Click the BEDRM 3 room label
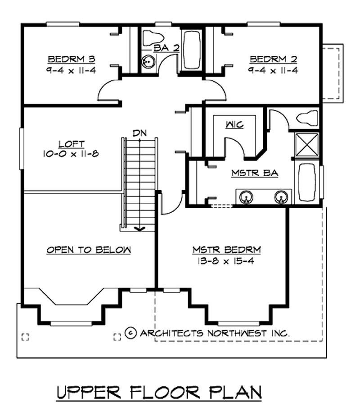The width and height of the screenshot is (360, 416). pos(71,59)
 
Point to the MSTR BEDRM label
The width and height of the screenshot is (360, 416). pos(227,250)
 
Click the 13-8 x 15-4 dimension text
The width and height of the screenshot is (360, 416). pos(227,262)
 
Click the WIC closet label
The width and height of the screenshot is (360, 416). pos(234,125)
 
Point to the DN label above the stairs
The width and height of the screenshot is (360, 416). pos(139,133)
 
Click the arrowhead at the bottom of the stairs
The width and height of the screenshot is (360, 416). pos(140,228)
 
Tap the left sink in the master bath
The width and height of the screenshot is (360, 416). pos(246,197)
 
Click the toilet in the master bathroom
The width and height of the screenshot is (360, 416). pos(307,118)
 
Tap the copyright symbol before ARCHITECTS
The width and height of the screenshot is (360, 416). pos(130,333)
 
